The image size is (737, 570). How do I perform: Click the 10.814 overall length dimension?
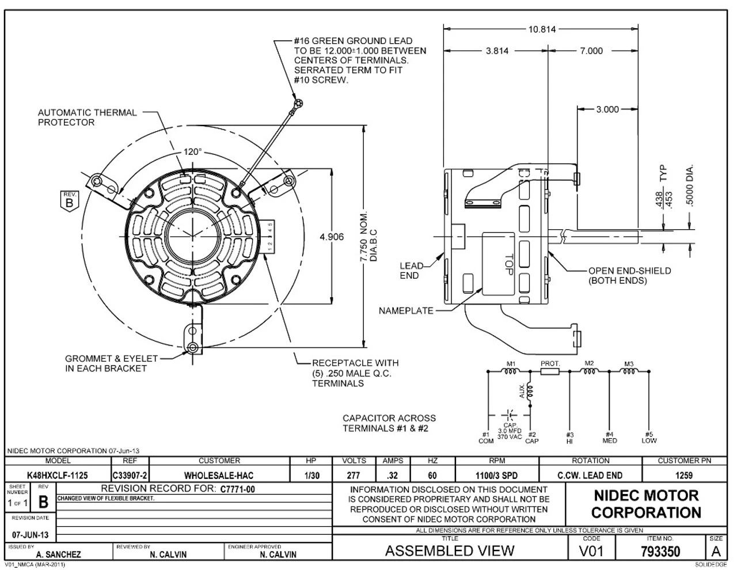point(542,29)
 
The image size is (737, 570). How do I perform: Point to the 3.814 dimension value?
point(497,51)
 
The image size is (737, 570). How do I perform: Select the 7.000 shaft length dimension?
point(591,51)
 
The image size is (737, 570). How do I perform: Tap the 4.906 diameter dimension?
point(332,236)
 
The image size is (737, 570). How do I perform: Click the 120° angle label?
point(193,152)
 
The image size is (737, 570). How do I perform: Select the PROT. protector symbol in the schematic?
point(550,372)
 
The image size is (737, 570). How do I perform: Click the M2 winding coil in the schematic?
point(588,372)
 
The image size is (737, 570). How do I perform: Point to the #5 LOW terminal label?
point(649,438)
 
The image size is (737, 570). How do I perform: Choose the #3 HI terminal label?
point(570,438)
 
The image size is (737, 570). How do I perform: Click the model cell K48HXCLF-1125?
point(58,476)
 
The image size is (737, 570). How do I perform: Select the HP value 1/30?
point(311,476)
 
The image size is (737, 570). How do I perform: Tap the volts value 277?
point(354,476)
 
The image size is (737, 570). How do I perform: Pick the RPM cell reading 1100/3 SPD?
point(497,476)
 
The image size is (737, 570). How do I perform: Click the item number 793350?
point(660,552)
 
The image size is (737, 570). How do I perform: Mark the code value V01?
point(592,552)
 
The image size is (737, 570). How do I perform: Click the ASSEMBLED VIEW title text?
point(450,551)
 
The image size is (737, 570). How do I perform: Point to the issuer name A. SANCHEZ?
point(59,555)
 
